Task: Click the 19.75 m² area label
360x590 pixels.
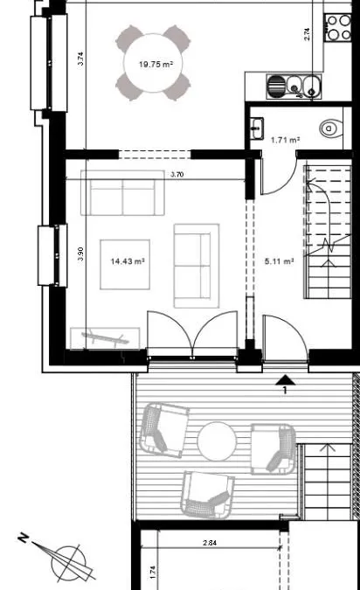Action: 156,65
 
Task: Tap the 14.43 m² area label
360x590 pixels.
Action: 128,261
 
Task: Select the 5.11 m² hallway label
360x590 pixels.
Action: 279,261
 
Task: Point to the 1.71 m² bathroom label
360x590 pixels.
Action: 285,140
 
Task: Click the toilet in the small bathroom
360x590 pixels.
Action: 331,128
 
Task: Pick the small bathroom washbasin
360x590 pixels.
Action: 257,128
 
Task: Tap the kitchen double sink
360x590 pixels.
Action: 294,87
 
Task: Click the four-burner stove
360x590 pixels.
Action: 338,27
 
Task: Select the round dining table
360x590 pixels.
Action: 154,63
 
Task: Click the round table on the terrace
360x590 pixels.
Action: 217,441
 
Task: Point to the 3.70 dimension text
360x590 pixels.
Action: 177,174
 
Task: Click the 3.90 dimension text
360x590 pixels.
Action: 80,254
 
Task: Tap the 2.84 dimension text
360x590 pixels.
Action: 210,543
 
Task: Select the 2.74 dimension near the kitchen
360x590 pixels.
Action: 307,34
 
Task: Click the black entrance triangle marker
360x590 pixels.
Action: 286,380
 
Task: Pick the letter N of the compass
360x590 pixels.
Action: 24,538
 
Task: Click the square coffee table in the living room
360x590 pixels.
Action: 125,265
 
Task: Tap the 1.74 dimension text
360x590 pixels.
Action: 152,573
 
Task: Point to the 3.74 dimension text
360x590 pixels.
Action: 80,59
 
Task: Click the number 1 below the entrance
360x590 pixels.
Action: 285,391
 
